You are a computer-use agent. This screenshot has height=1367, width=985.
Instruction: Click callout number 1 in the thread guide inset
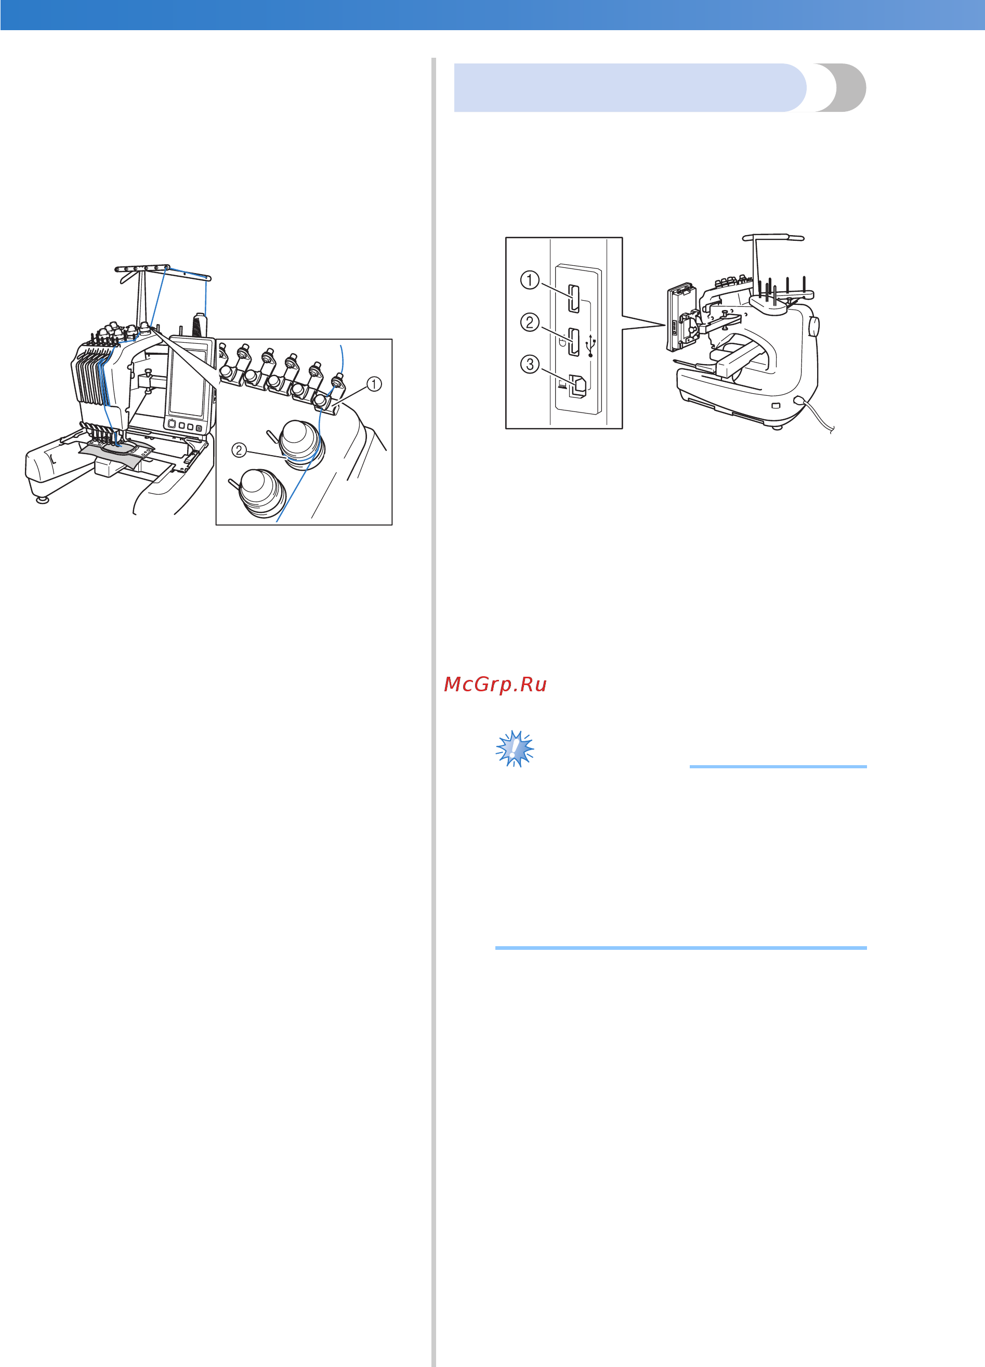click(x=374, y=384)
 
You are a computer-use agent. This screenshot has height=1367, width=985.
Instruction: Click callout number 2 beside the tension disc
click(x=239, y=449)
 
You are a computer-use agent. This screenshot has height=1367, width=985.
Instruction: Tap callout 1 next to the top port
click(x=530, y=280)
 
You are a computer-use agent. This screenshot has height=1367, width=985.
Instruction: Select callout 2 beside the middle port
click(x=530, y=322)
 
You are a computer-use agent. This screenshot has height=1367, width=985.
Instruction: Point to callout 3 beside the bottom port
click(x=530, y=364)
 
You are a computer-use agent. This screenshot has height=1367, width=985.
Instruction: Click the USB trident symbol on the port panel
click(x=590, y=346)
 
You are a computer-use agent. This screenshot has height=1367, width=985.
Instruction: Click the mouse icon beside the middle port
click(x=561, y=342)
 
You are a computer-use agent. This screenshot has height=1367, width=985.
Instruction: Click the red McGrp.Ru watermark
click(x=495, y=684)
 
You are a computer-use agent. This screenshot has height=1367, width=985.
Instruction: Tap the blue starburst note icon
click(x=515, y=749)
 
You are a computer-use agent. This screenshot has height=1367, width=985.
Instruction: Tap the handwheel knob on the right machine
click(x=813, y=327)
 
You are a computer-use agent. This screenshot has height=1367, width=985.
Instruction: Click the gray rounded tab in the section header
click(x=840, y=87)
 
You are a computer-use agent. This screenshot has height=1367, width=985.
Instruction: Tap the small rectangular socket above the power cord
click(x=776, y=405)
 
